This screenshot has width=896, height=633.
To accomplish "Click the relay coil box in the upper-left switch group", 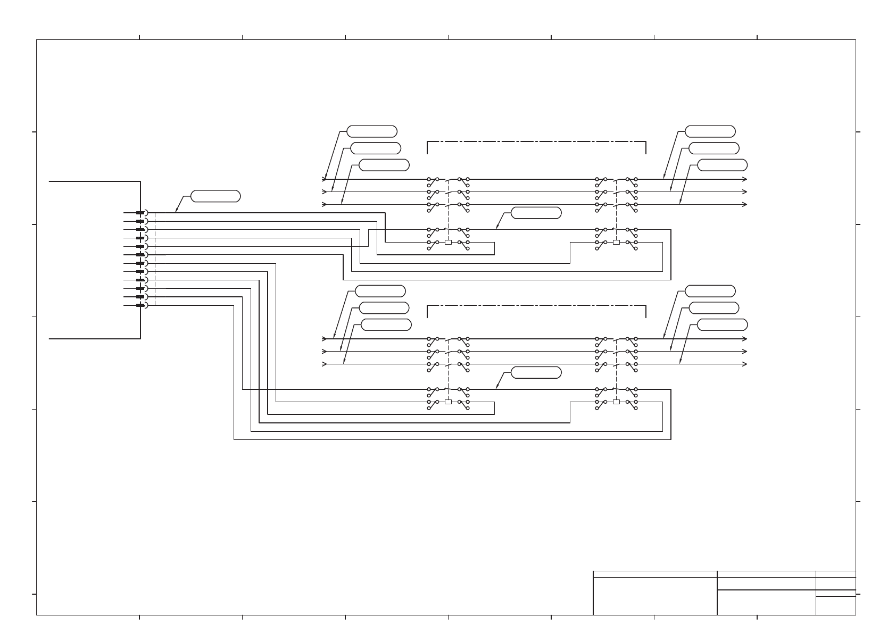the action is pos(448,242).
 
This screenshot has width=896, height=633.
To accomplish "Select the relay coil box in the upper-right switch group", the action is pos(616,242).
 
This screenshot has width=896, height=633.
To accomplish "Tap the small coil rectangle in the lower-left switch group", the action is pos(448,402).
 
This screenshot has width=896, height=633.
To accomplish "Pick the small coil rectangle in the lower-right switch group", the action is pos(616,402).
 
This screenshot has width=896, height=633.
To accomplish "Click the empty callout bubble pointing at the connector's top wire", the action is pos(215,196).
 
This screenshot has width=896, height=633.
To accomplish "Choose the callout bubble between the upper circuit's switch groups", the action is pos(536,213).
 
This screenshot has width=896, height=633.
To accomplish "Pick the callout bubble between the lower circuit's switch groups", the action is pos(536,372).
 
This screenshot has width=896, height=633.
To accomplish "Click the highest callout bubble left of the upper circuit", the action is pos(372,131).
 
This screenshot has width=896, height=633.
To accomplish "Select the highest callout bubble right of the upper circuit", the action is pos(710,131).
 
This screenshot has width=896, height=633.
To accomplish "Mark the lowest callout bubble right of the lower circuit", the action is pos(722,324).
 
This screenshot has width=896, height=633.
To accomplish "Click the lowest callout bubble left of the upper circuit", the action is pos(384,165).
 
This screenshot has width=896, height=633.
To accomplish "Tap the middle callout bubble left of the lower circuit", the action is pos(384,308).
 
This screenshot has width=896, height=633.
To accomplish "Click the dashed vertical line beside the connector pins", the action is pos(155,259).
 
